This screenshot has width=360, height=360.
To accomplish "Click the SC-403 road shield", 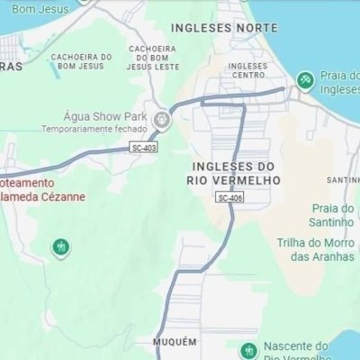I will click(142, 147).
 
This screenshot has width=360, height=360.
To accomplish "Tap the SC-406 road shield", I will click(229, 197).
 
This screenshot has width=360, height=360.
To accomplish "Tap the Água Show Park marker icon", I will click(162, 118).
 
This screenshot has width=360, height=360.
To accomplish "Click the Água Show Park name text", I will click(104, 117).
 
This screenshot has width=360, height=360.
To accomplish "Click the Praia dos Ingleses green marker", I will click(305, 80).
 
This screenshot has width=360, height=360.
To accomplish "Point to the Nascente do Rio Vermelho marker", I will click(246, 350).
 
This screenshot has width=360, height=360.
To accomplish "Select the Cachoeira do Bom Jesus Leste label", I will click(152, 57).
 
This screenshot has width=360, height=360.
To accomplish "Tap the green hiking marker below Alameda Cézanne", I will click(61, 246).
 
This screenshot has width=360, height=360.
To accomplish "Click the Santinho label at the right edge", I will click(344, 179).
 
